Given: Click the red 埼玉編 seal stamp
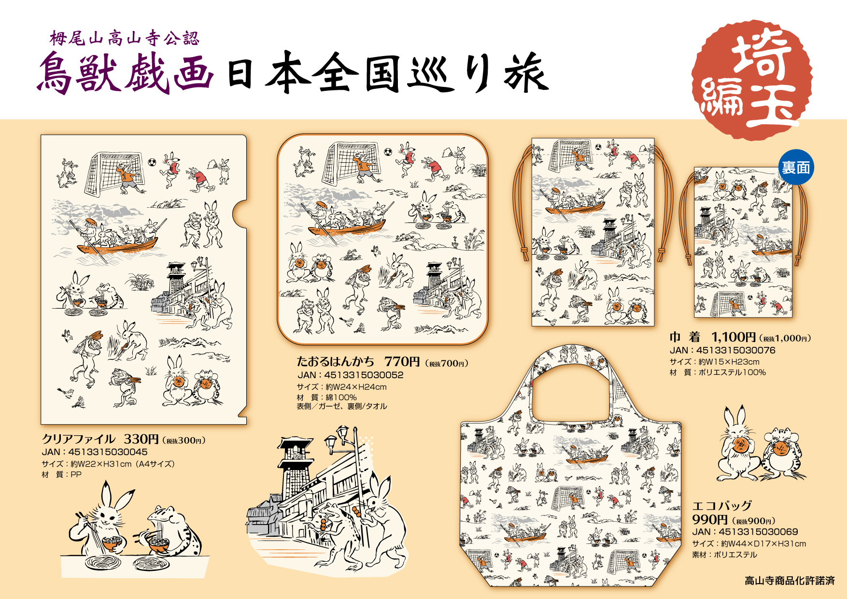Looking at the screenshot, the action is point(752,80).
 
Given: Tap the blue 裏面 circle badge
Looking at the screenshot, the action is point(796,168).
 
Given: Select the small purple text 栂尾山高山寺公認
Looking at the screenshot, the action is point(125,38).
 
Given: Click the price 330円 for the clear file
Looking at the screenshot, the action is point(141,439).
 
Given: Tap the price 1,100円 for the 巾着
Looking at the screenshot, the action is point(733,337).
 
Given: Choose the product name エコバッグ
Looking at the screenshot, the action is point(722,506).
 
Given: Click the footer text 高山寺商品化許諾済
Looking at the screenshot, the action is point(790,581).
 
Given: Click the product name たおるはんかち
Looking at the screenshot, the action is point(336,361).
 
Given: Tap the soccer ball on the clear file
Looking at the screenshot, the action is point(152,162).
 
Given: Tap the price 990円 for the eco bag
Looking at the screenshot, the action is point(710,519).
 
